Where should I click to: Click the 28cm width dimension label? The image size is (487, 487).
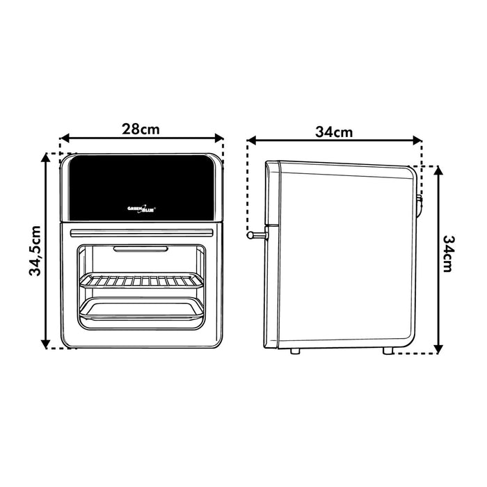coord(141,129)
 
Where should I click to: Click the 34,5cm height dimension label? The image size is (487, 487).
coord(35,251)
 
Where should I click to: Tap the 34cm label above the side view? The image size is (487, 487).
coord(334,132)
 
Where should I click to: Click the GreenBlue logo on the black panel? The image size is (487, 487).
coord(142,209)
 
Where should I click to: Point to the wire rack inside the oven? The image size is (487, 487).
coord(142,280)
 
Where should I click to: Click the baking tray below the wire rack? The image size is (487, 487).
coord(142,308)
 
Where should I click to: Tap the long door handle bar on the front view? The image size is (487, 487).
coord(142,233)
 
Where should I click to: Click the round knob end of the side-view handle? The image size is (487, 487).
coord(250,235)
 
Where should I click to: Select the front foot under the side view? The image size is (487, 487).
coord(295,351)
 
